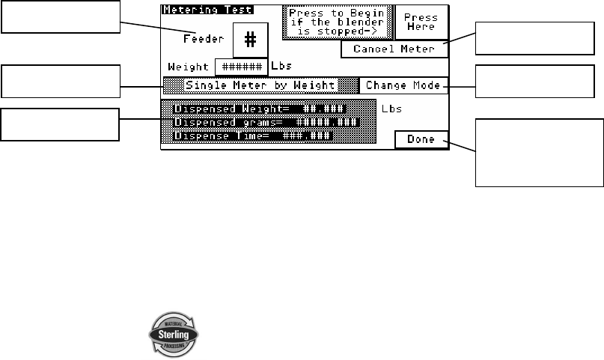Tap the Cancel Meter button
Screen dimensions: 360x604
point(394,49)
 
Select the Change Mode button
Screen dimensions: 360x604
point(403,86)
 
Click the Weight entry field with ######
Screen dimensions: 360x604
point(241,67)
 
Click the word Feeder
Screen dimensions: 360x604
point(204,39)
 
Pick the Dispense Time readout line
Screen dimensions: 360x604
point(253,135)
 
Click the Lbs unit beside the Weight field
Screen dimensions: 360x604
point(281,67)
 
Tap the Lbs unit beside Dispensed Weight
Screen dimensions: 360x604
point(391,109)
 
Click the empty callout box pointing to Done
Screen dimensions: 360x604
point(539,152)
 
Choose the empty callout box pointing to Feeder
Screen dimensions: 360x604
point(60,17)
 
